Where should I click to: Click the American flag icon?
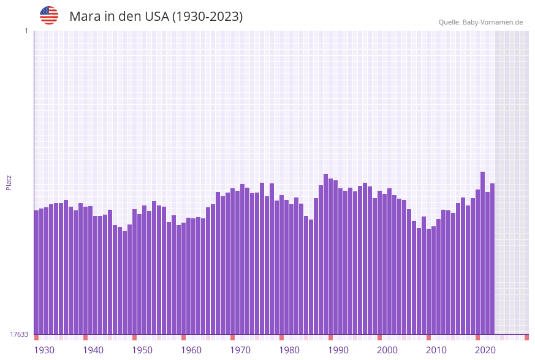point(49,15)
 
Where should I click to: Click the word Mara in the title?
point(85,17)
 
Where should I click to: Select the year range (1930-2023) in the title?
point(207,17)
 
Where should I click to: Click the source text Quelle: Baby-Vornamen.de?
point(480,22)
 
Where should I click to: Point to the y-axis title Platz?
point(9,182)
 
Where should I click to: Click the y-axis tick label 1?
point(26,31)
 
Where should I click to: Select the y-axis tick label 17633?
point(19,334)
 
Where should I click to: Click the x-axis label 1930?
point(44,350)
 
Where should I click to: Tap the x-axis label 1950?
point(142,350)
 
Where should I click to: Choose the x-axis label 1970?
point(240,350)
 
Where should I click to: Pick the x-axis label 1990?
point(338,350)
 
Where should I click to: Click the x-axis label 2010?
point(436,350)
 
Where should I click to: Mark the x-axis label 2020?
point(485,350)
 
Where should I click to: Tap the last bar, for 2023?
point(492,258)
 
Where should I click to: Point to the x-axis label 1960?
point(191,350)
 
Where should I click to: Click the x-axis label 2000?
point(387,350)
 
